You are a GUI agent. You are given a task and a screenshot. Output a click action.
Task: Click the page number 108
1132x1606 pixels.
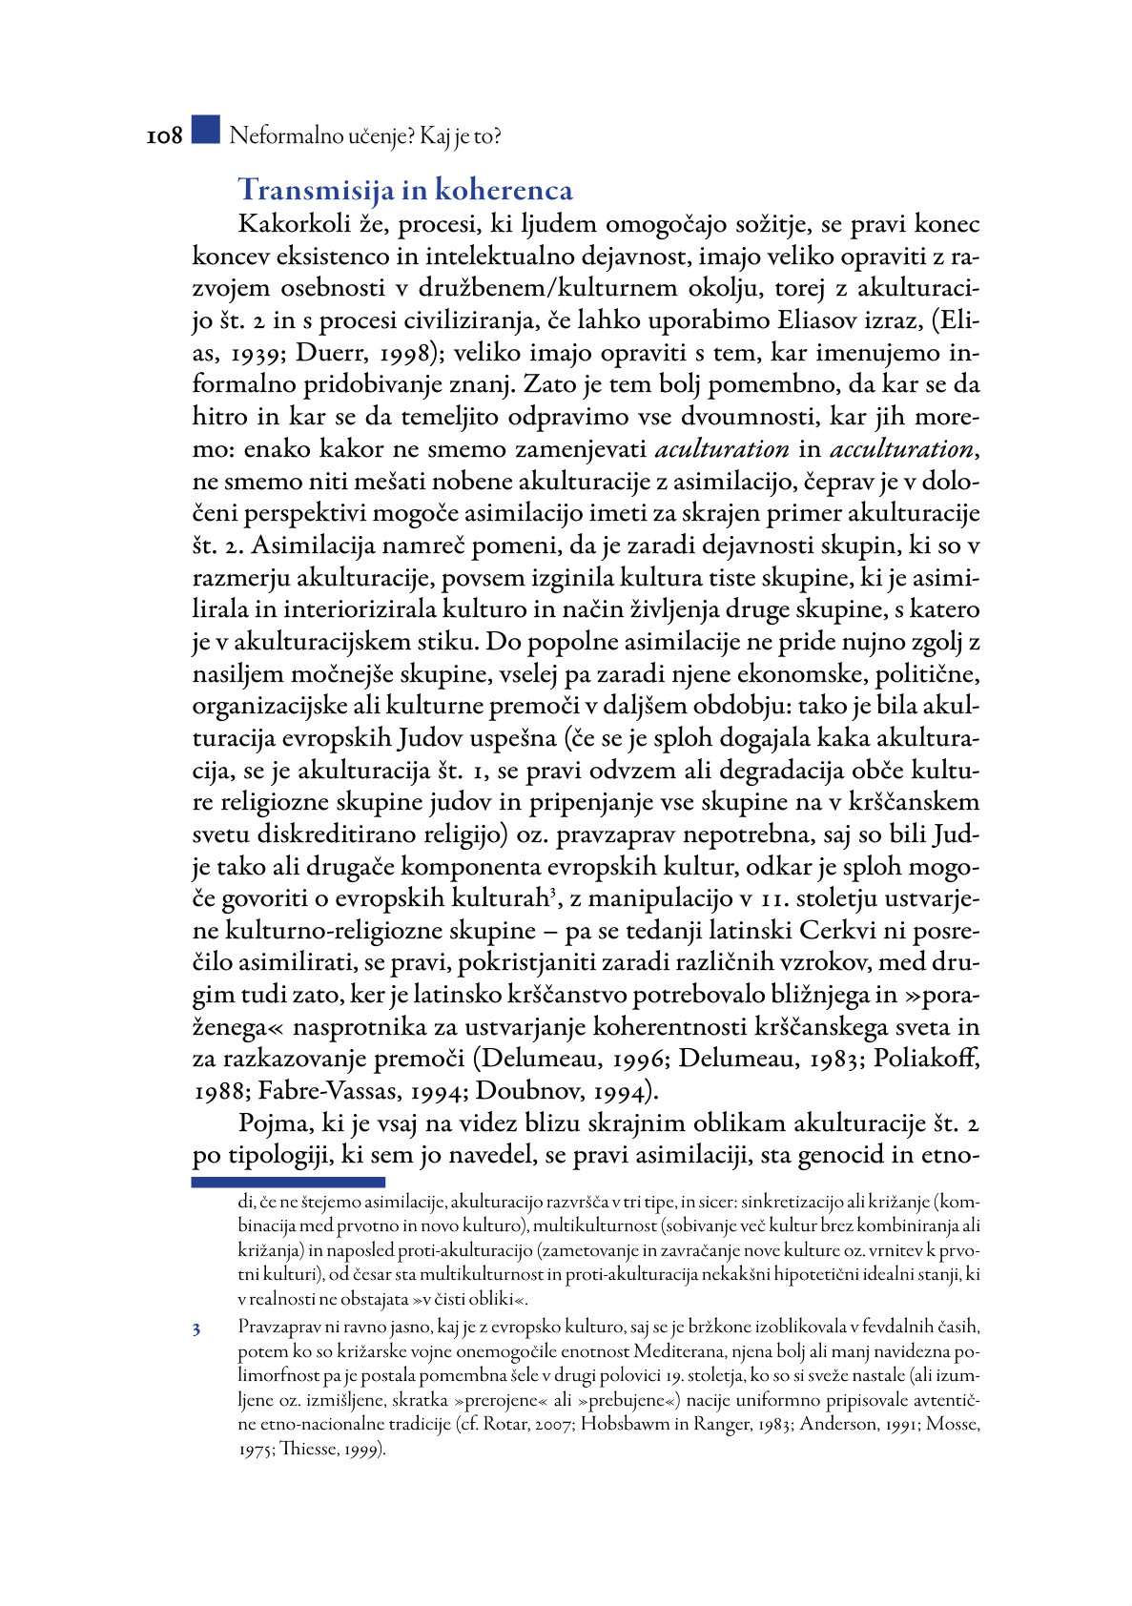point(164,136)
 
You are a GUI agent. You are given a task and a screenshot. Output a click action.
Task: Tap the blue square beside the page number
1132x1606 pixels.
point(205,131)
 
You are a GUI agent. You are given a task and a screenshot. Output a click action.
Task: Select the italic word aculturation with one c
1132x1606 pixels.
point(722,449)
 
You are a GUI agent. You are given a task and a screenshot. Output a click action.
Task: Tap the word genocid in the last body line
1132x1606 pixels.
point(840,1156)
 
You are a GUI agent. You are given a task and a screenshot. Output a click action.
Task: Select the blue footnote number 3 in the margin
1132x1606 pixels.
point(196,1328)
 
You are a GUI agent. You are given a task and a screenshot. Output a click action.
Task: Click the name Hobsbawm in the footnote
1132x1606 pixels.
point(628,1424)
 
